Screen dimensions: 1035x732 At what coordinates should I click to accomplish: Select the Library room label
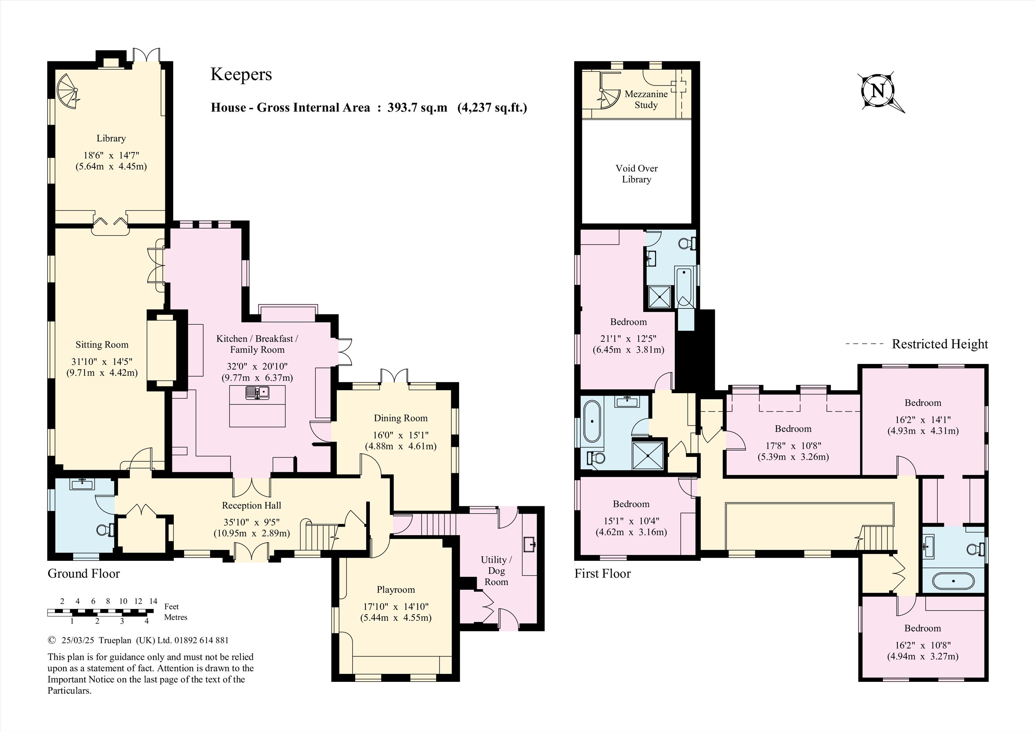111,139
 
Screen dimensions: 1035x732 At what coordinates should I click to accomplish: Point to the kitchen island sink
257,392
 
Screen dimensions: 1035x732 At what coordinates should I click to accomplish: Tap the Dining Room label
401,418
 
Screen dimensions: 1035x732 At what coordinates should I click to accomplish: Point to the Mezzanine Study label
646,100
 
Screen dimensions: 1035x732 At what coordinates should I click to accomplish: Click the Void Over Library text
637,174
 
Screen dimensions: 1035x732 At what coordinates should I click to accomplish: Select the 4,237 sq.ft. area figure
492,108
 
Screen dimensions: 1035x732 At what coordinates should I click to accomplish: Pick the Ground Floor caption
84,574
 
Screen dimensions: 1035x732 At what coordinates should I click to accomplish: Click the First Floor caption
603,574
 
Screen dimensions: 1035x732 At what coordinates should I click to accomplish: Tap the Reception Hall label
251,506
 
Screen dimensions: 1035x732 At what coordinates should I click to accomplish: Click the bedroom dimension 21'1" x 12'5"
628,339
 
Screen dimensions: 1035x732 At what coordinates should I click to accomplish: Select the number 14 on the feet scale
153,601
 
